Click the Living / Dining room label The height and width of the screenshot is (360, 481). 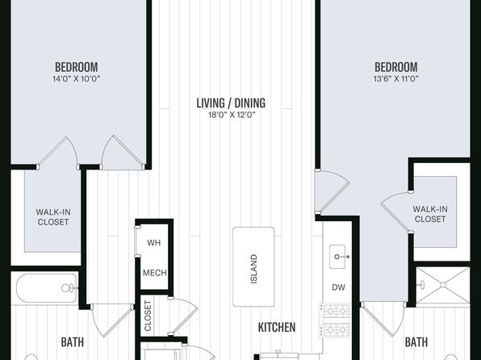(231, 103)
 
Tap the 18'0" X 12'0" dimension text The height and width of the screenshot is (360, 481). (232, 115)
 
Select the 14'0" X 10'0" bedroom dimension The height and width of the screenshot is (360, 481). (77, 79)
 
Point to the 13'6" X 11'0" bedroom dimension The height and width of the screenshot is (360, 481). (396, 79)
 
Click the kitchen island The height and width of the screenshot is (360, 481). (253, 266)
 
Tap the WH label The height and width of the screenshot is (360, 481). (153, 243)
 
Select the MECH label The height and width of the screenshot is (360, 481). (155, 273)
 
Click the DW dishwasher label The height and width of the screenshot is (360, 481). (338, 287)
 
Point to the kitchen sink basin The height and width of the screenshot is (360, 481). (337, 257)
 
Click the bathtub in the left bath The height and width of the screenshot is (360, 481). (47, 288)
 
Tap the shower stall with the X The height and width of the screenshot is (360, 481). (442, 286)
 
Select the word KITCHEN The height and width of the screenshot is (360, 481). (277, 328)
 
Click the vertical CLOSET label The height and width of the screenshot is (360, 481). (148, 316)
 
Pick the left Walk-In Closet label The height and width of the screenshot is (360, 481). (53, 217)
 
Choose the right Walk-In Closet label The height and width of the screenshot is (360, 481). (430, 214)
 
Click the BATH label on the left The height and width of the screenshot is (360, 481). (73, 342)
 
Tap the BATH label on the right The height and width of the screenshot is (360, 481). (416, 342)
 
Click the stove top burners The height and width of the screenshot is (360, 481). (335, 320)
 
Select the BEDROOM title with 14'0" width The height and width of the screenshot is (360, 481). (77, 67)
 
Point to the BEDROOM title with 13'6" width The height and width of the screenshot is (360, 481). (396, 67)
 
